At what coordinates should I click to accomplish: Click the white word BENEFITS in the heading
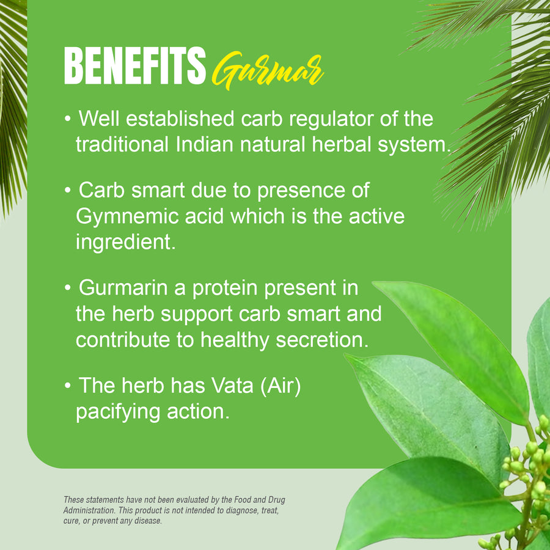pyautogui.click(x=134, y=67)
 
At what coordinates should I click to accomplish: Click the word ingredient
pyautogui.click(x=125, y=243)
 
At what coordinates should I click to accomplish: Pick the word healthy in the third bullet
pyautogui.click(x=238, y=340)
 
